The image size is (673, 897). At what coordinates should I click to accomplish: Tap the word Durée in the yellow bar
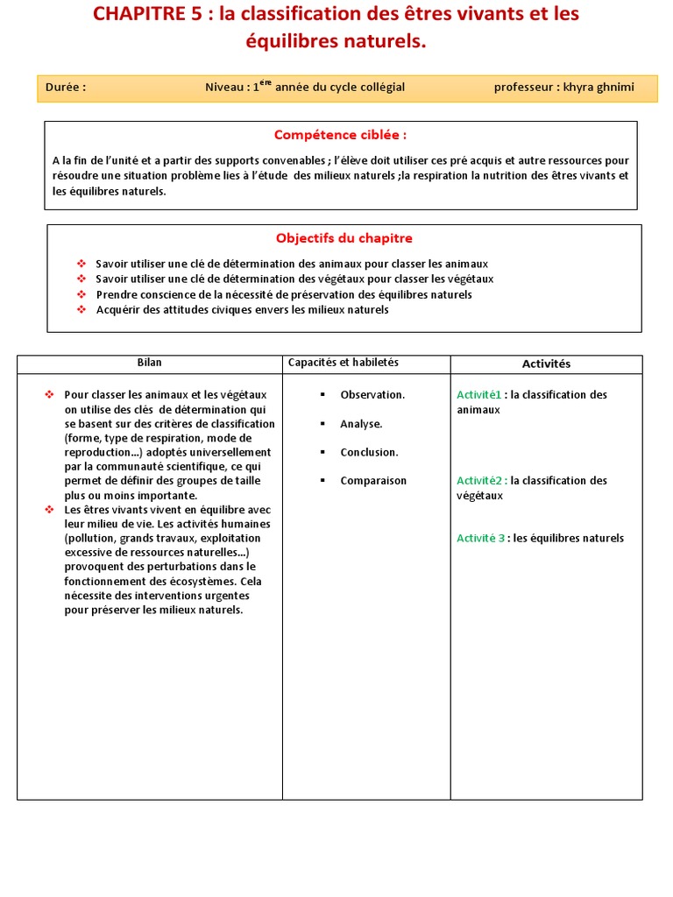click(x=66, y=87)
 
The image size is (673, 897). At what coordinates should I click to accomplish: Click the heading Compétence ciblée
click(x=340, y=135)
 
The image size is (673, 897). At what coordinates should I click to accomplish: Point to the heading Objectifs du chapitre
click(x=344, y=238)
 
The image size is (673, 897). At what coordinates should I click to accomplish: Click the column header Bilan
click(x=149, y=363)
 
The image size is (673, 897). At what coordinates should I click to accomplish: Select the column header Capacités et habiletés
click(x=343, y=363)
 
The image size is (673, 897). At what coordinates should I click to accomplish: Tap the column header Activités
click(x=546, y=364)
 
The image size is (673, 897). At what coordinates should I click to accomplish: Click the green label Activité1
click(x=479, y=395)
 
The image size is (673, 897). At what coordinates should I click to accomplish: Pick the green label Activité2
click(x=479, y=481)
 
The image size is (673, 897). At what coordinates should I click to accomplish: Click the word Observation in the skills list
click(x=372, y=395)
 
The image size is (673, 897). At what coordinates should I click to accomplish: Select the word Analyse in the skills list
click(x=361, y=424)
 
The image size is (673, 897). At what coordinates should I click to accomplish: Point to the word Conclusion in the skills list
click(x=369, y=453)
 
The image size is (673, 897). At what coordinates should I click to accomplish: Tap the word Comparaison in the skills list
click(x=373, y=481)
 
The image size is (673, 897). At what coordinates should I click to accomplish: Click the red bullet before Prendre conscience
click(x=81, y=294)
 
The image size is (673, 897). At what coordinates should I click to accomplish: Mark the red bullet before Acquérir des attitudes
click(x=81, y=309)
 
